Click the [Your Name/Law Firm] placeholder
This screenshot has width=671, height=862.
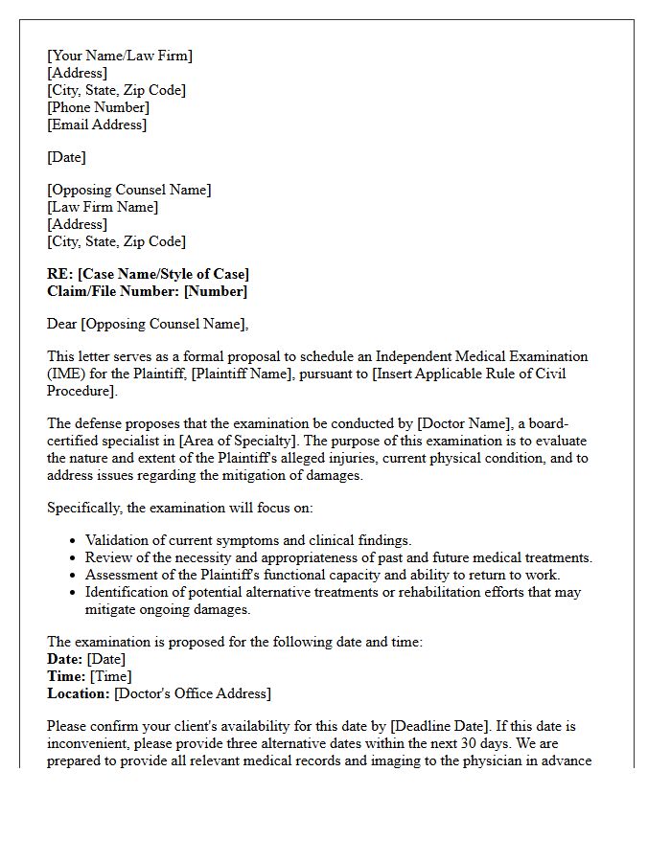pyautogui.click(x=120, y=56)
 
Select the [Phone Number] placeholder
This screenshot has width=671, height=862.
pyautogui.click(x=99, y=107)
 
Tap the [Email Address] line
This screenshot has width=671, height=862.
pyautogui.click(x=97, y=125)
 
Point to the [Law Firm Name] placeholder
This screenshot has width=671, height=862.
pyautogui.click(x=103, y=207)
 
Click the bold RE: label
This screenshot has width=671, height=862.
pyautogui.click(x=60, y=274)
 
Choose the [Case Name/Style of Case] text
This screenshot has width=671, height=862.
pyautogui.click(x=163, y=274)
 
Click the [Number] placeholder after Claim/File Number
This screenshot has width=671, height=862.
pyautogui.click(x=216, y=291)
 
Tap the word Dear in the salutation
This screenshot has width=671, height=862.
pyautogui.click(x=62, y=324)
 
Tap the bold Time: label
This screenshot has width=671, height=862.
pyautogui.click(x=66, y=676)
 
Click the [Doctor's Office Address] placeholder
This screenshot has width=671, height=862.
pyautogui.click(x=193, y=693)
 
